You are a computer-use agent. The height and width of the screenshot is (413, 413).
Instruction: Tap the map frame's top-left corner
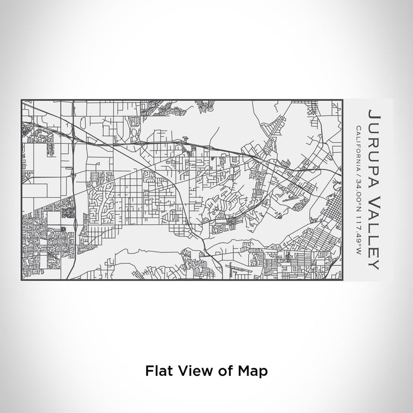21,100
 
